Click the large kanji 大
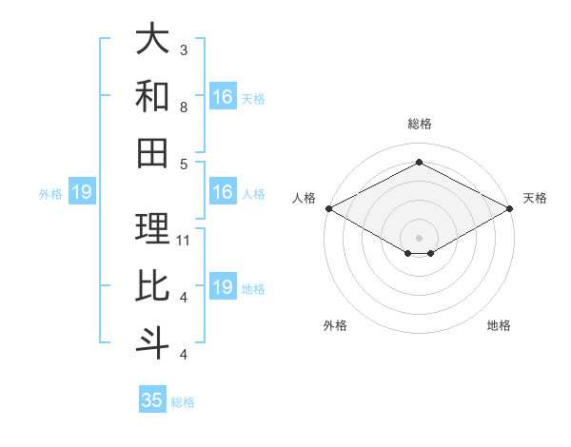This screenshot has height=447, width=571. (x=152, y=40)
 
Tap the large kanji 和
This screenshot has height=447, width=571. (x=152, y=97)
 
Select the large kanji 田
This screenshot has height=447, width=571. (x=152, y=153)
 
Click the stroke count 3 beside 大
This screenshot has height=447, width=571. (x=184, y=49)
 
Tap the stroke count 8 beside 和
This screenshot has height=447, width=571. (x=184, y=107)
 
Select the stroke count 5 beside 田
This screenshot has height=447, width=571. (x=184, y=164)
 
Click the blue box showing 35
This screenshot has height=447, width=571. (x=152, y=400)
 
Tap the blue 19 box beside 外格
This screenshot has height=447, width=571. (x=82, y=193)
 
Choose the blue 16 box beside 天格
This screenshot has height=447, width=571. (x=223, y=97)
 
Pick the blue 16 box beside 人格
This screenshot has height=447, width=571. (x=223, y=192)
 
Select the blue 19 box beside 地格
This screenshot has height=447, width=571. (x=223, y=287)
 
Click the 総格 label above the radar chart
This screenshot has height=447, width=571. (x=419, y=124)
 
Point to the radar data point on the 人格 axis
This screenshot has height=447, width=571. (x=328, y=207)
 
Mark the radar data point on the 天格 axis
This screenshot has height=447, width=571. (x=510, y=207)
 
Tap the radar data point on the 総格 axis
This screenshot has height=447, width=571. (x=419, y=162)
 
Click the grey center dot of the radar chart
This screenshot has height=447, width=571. (x=419, y=237)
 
